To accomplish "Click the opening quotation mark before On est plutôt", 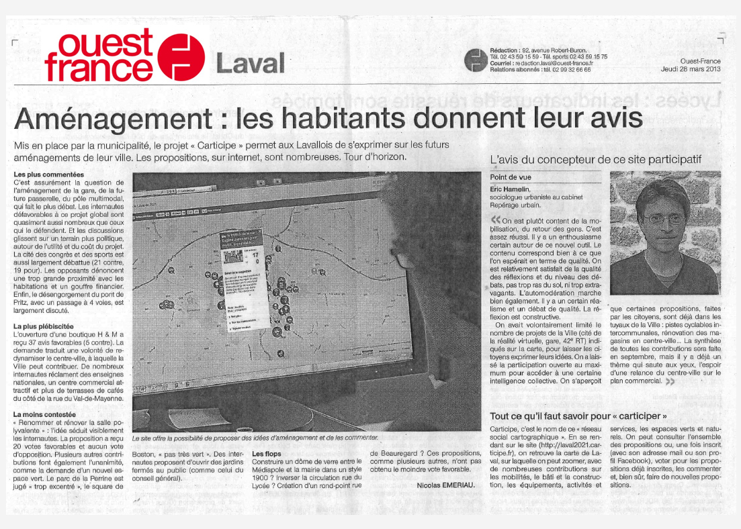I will click(x=496, y=220).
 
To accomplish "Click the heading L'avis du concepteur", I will click(x=596, y=160).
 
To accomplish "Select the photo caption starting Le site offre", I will click(x=255, y=438).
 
